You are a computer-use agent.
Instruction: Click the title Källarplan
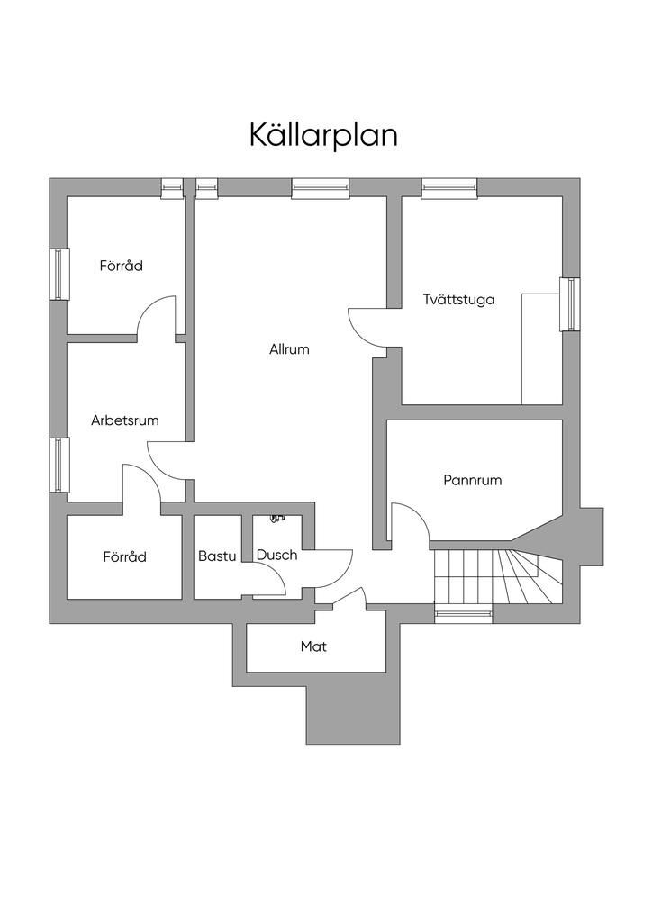coord(323,135)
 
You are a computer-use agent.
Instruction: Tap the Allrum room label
coord(289,349)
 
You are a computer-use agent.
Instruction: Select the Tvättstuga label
coord(458,300)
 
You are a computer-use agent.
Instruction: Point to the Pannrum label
coord(472,480)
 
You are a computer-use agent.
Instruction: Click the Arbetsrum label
coord(125,420)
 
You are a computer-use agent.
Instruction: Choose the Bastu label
coord(217,556)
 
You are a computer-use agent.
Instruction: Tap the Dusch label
coord(276,555)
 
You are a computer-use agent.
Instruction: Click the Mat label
coord(313,646)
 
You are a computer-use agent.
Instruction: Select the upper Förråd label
coord(121,266)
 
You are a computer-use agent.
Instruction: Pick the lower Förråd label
coord(124,556)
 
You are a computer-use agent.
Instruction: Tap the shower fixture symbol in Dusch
coord(276,519)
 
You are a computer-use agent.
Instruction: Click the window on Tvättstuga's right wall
coord(569,304)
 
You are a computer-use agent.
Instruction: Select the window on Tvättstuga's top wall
coord(448,188)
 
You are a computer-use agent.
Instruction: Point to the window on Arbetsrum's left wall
coord(59,465)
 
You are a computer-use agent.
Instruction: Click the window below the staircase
coord(464,615)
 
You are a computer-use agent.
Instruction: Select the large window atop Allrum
coord(320,188)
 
